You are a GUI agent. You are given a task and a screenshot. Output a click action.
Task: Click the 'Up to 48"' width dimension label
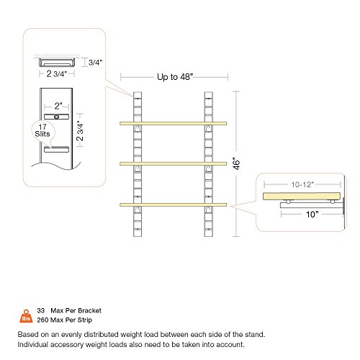point(175,77)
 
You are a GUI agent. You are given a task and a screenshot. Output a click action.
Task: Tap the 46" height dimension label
point(237,163)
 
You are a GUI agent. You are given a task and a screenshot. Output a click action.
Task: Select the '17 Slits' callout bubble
point(42,131)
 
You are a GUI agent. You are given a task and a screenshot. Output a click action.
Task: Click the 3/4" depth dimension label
point(95,63)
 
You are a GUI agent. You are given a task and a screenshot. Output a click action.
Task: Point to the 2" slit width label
point(58,106)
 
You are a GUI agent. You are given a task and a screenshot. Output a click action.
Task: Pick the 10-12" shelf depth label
point(302,184)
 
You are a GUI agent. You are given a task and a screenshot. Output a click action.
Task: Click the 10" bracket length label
point(312,215)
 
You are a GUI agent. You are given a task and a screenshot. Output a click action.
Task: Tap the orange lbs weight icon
point(26,316)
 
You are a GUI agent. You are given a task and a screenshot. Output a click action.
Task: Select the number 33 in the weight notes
point(41,310)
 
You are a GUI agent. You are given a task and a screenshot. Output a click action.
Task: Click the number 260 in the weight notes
point(42,320)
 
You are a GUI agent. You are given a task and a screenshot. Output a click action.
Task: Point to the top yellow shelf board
point(174,123)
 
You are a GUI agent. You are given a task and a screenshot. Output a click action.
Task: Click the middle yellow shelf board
point(174,163)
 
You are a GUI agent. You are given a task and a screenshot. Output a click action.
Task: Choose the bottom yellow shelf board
point(174,204)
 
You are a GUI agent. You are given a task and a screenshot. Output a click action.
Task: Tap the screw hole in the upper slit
point(57,117)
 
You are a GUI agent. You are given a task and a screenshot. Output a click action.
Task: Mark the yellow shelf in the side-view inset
point(302,196)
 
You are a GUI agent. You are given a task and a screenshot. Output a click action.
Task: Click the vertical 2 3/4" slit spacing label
point(80,131)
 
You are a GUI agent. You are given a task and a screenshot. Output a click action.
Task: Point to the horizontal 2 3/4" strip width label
point(57,73)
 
